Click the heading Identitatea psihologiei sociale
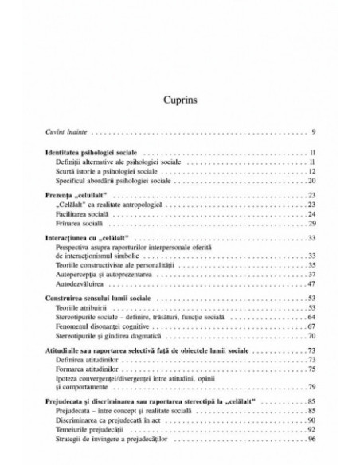tap(90, 152)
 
